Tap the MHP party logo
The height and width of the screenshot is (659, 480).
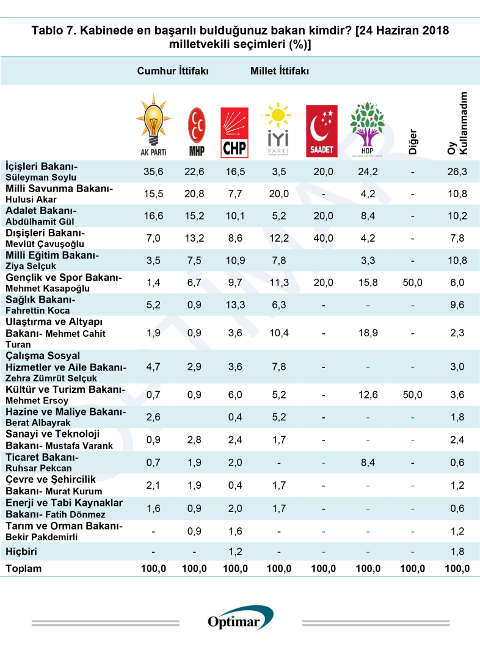(196, 132)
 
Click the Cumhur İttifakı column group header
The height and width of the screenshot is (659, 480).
(173, 71)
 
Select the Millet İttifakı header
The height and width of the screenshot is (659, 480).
(279, 71)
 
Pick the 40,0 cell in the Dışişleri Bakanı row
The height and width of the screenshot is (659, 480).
(322, 239)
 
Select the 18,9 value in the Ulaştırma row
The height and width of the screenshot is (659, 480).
(367, 333)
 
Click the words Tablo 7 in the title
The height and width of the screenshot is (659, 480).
(53, 31)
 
